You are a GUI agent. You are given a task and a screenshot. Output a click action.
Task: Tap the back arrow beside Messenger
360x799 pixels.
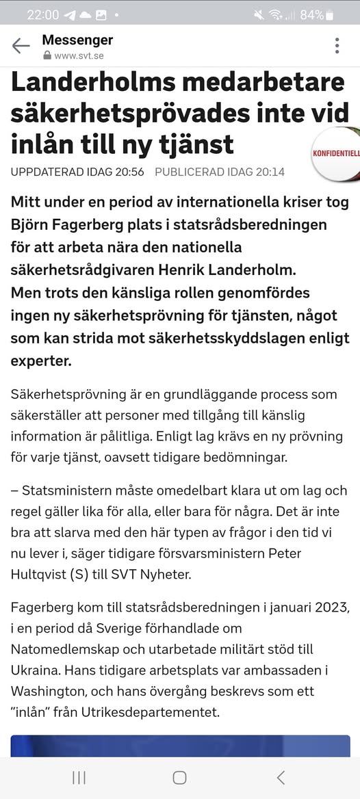pos(21,46)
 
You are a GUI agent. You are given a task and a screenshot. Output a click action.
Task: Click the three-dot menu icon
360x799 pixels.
pos(337,46)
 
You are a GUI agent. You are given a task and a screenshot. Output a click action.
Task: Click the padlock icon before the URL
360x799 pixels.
pos(47,55)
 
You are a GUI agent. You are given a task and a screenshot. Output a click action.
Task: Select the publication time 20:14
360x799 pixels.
pos(268,172)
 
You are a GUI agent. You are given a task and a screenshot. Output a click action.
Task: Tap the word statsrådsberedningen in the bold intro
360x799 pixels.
pos(255,224)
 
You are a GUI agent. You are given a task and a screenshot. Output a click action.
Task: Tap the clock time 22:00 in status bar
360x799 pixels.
pos(44,14)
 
